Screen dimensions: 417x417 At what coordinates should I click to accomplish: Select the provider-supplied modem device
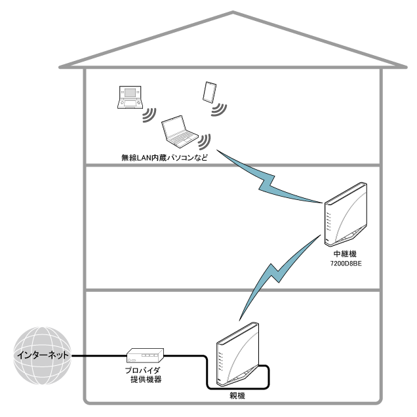[x=143, y=355]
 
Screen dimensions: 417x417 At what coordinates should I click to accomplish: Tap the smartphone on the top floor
[x=210, y=92]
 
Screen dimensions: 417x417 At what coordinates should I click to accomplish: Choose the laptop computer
[x=179, y=130]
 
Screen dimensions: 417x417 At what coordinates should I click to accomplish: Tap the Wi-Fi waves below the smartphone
[x=219, y=109]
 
